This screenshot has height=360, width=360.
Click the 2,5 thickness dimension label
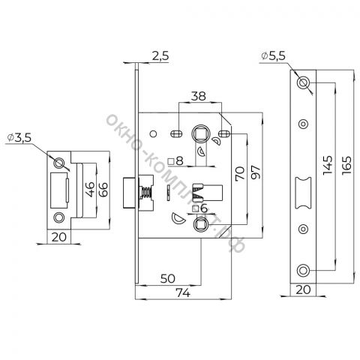[x=160, y=55]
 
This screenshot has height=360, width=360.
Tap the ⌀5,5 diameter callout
[x=273, y=55]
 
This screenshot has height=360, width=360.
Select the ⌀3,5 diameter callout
[x=19, y=137]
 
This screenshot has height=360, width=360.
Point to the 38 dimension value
[x=199, y=96]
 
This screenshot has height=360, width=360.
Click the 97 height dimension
[x=256, y=172]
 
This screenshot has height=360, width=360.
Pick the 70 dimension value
[x=240, y=174]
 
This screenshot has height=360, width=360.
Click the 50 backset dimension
[x=168, y=278]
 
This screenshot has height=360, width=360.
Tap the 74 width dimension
[x=183, y=292]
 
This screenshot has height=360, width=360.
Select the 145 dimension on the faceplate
[x=328, y=165]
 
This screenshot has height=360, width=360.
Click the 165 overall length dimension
[x=346, y=165]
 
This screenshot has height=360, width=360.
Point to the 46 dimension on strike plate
[x=90, y=189]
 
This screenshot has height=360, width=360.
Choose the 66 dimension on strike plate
[x=103, y=189]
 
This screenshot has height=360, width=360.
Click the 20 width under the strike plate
[x=59, y=237]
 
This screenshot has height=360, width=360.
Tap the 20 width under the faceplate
[x=303, y=289]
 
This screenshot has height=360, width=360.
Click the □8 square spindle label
[x=175, y=161]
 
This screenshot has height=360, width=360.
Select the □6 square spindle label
[x=199, y=208]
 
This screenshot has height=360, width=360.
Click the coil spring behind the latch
[x=146, y=193]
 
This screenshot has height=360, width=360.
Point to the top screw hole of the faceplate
[x=303, y=82]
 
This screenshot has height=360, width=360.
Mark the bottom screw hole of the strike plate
[x=59, y=217]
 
